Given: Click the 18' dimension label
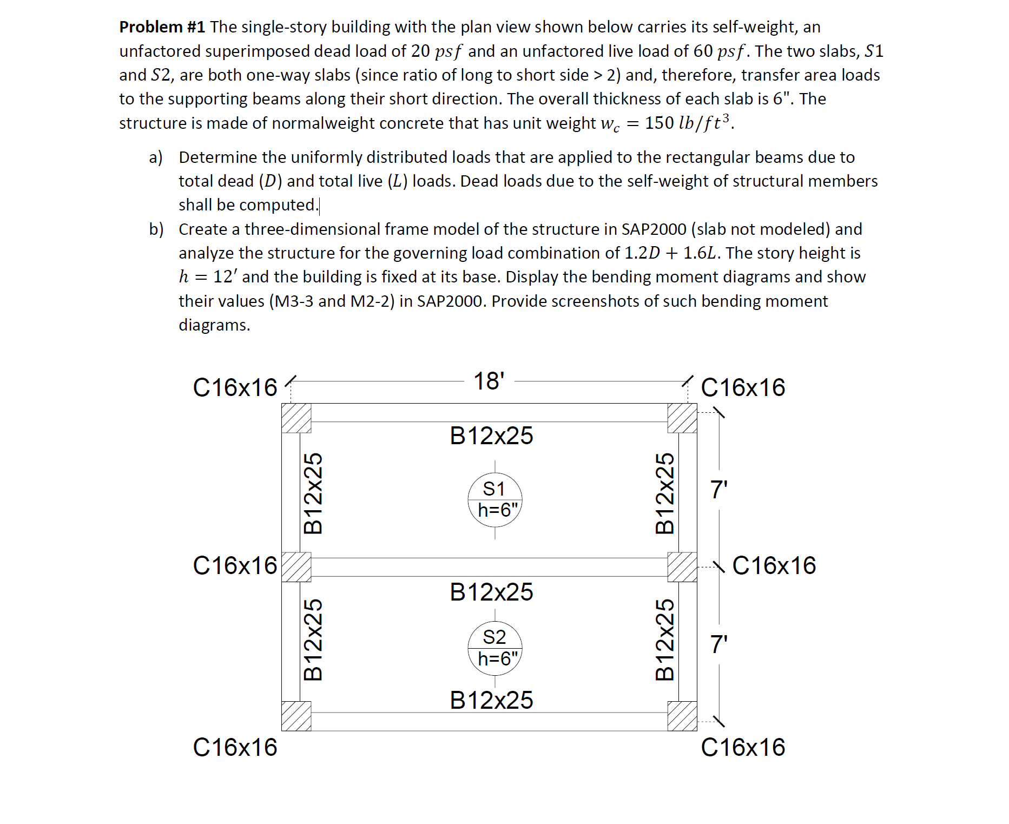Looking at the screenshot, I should pyautogui.click(x=489, y=381).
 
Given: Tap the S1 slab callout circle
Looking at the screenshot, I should pyautogui.click(x=494, y=499).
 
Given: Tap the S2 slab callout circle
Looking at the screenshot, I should pyautogui.click(x=494, y=648).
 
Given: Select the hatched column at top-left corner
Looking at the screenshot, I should pyautogui.click(x=296, y=418).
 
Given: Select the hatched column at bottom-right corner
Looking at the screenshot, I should pyautogui.click(x=682, y=716).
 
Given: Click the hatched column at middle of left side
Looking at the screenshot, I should pyautogui.click(x=296, y=566).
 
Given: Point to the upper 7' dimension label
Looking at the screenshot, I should pyautogui.click(x=719, y=490).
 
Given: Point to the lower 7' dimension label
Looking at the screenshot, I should pyautogui.click(x=719, y=644).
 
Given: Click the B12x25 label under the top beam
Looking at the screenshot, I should pyautogui.click(x=491, y=436).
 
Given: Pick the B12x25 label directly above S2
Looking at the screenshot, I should pyautogui.click(x=491, y=592).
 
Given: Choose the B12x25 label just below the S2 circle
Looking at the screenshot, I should pyautogui.click(x=491, y=701).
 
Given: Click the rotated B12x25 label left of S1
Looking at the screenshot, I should pyautogui.click(x=313, y=493).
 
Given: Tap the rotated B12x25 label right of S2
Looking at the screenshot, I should pyautogui.click(x=665, y=640).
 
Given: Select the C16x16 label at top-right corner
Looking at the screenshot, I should pyautogui.click(x=743, y=388).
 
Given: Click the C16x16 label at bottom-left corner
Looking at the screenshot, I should pyautogui.click(x=235, y=748).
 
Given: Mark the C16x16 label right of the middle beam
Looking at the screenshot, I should pyautogui.click(x=774, y=566).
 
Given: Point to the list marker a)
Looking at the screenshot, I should pyautogui.click(x=156, y=157).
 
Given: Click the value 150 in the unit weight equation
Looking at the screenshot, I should pyautogui.click(x=659, y=123).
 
